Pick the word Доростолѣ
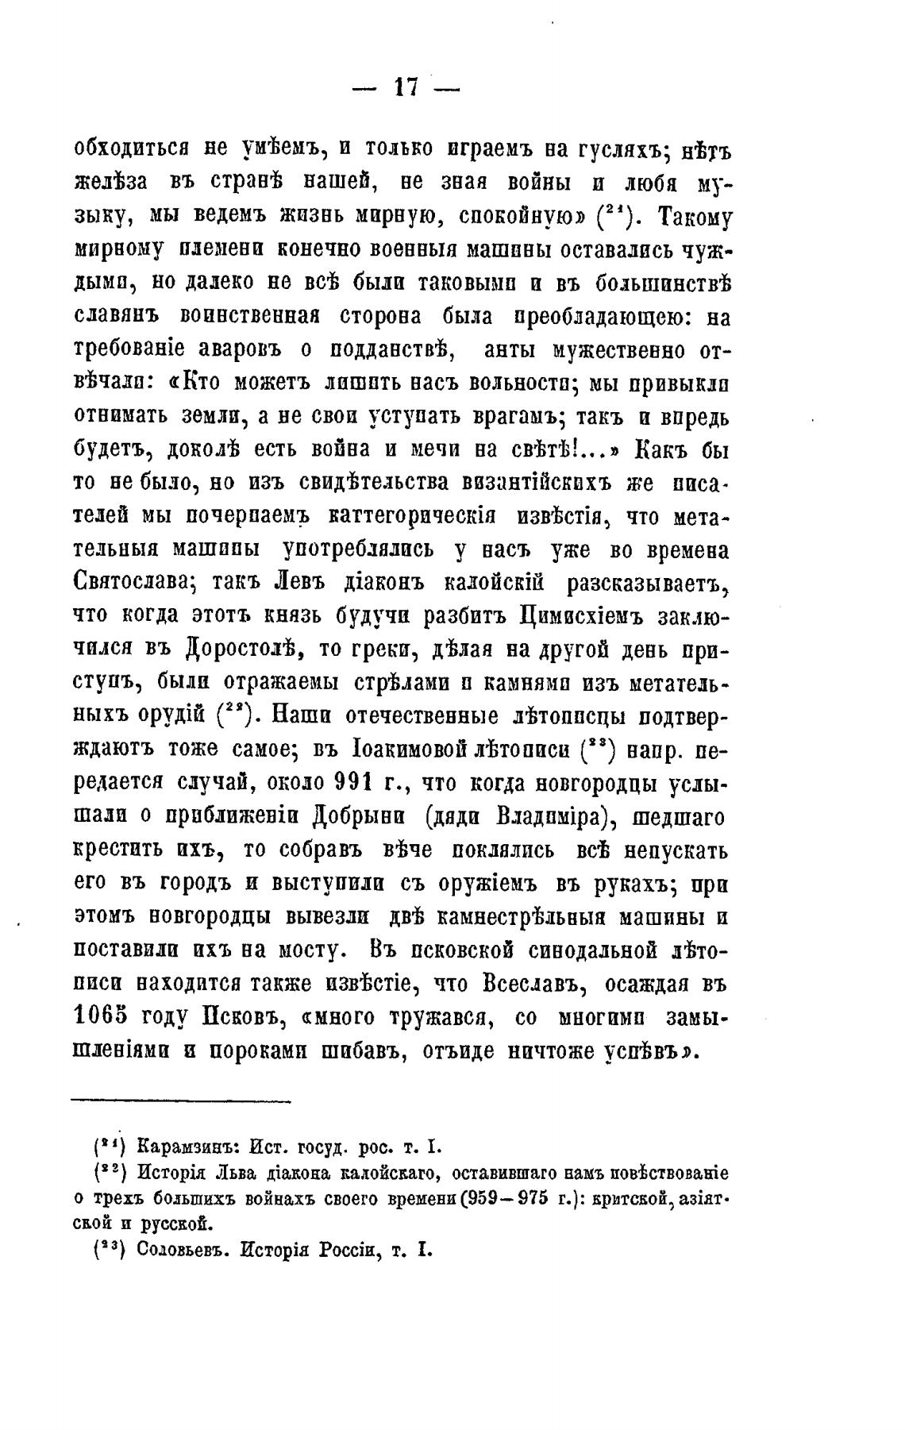[241, 649]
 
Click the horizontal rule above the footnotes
[182, 1100]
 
